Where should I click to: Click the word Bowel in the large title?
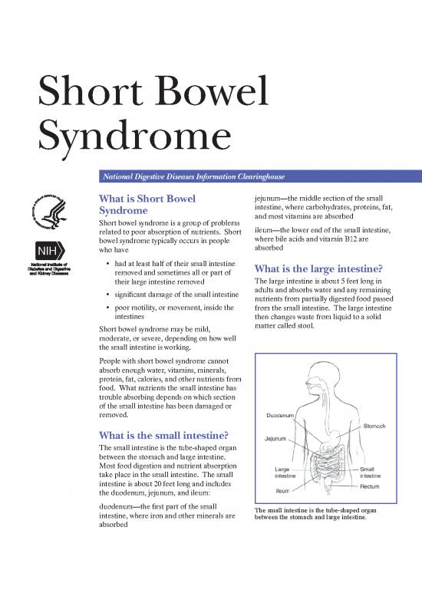pyautogui.click(x=210, y=94)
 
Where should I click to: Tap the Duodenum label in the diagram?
pyautogui.click(x=282, y=415)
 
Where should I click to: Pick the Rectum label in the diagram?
pyautogui.click(x=371, y=486)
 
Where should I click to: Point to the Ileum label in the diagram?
pyautogui.click(x=282, y=491)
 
